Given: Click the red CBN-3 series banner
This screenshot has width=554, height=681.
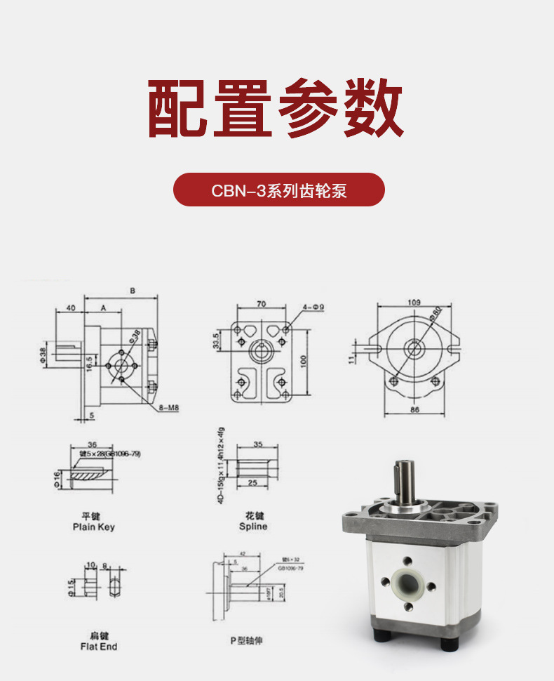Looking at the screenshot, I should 279,190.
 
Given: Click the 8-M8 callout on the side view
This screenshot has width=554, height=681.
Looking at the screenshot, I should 168,407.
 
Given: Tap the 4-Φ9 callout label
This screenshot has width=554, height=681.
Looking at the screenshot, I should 313,307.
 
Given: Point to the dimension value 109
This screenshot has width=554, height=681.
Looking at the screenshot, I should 414,303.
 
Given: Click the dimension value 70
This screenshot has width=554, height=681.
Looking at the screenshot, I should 261,304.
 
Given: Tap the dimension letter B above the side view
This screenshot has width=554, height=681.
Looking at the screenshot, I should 133,291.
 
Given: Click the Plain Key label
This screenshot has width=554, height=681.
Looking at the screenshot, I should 93,527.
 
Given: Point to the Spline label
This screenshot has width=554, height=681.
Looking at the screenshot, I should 253,526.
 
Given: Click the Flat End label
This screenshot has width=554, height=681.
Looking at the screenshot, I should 99,646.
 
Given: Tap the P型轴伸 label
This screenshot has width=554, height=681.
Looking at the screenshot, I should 246,641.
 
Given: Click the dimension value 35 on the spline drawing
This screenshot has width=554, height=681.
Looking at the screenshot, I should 257,444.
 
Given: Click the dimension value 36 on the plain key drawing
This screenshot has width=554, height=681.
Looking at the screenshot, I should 92,444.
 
